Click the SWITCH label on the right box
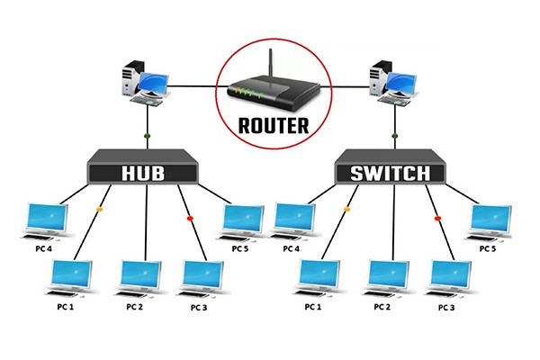392,171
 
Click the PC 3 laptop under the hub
202,279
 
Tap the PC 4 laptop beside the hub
46,221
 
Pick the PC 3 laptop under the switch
450,279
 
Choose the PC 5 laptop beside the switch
489,221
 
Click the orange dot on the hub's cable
99,211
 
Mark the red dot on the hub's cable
189,218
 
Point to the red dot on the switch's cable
438,218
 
